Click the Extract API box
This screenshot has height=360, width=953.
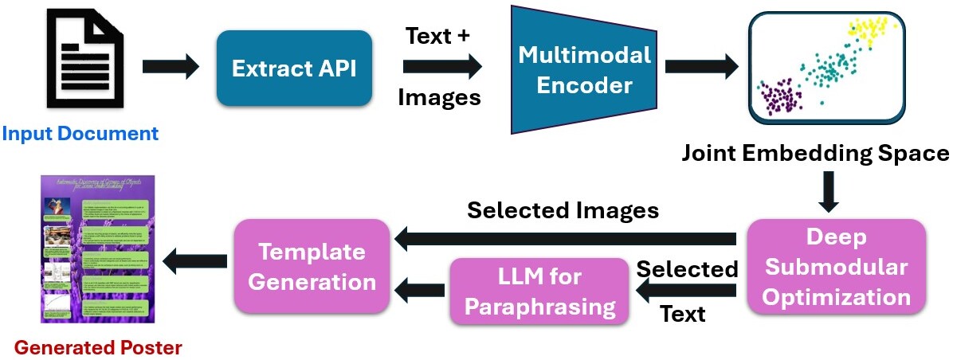[294, 68]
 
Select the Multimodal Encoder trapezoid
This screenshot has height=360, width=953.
[584, 70]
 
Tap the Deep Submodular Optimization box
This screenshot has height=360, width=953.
[836, 267]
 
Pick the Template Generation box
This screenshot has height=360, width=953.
[310, 266]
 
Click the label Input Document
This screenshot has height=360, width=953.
[80, 133]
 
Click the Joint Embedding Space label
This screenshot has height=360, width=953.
[815, 153]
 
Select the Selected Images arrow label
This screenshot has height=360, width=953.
[563, 209]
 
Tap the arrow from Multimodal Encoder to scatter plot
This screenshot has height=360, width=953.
[699, 66]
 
